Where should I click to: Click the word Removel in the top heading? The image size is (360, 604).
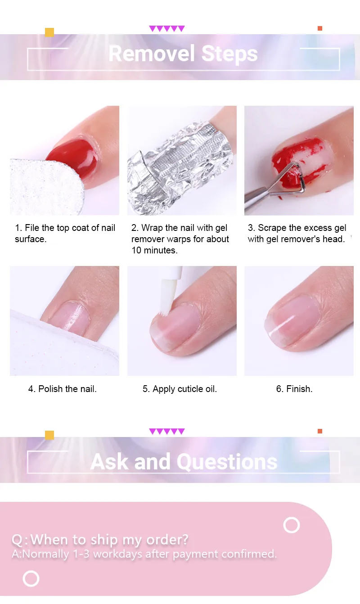click(152, 54)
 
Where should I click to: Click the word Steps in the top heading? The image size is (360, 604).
click(229, 54)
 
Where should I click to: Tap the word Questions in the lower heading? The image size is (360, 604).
click(227, 462)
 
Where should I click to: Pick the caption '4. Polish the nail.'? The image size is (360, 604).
click(62, 389)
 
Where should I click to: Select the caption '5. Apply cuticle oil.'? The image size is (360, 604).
click(180, 389)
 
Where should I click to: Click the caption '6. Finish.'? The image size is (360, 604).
click(294, 389)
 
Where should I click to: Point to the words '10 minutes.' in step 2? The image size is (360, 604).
click(154, 250)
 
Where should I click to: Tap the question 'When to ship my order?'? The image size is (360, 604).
click(109, 540)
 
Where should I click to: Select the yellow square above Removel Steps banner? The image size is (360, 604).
click(49, 32)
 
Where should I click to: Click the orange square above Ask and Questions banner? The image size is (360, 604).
click(320, 431)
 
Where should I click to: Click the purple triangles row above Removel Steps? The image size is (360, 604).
click(167, 29)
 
